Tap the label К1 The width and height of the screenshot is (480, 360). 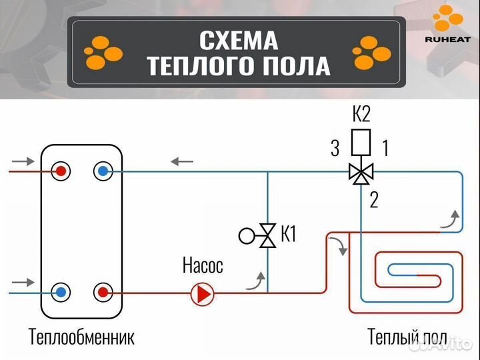[288, 235]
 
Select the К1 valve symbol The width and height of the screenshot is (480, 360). [267, 235]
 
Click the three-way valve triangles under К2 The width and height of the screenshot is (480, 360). [361, 173]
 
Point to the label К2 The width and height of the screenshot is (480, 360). [361, 115]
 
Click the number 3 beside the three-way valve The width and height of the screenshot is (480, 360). [335, 148]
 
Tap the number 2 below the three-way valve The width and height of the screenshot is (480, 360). [373, 199]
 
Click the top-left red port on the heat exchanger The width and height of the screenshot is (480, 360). [61, 171]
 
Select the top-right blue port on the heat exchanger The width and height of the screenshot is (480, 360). [102, 171]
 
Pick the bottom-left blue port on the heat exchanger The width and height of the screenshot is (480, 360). [61, 292]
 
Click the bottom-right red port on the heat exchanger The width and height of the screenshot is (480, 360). [102, 292]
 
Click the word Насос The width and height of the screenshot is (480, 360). [203, 266]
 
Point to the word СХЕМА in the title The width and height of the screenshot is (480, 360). [238, 41]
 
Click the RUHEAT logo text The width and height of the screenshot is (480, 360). [447, 39]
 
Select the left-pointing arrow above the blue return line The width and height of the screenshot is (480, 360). [182, 161]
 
